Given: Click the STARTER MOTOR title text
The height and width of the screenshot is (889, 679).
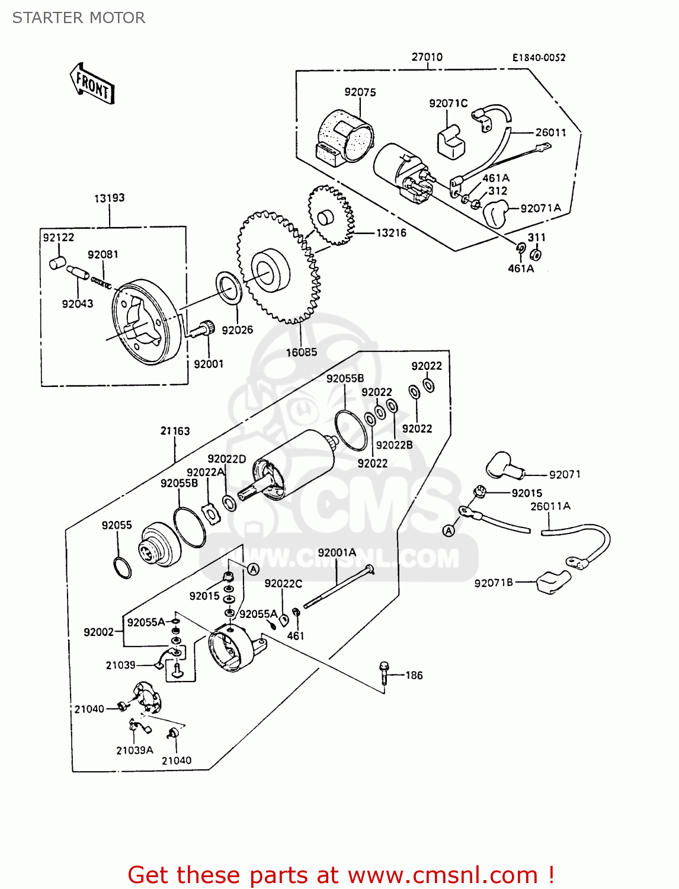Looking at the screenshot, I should pyautogui.click(x=79, y=18).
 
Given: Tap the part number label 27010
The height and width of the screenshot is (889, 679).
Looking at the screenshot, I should pyautogui.click(x=427, y=57).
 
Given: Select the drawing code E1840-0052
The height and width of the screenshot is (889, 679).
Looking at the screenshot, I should pyautogui.click(x=539, y=57).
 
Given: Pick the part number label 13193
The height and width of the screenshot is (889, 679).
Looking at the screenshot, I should pyautogui.click(x=109, y=198).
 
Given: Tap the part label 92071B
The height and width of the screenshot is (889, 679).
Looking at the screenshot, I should pyautogui.click(x=494, y=583).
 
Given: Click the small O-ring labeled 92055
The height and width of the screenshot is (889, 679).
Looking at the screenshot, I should pyautogui.click(x=122, y=567).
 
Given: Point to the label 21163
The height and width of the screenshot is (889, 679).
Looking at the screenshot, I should pyautogui.click(x=175, y=431).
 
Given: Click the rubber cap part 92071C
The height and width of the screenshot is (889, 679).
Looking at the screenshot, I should pyautogui.click(x=451, y=142).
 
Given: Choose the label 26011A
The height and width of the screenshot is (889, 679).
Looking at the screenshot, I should pyautogui.click(x=550, y=506).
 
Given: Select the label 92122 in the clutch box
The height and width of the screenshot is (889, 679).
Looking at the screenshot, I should pyautogui.click(x=58, y=237).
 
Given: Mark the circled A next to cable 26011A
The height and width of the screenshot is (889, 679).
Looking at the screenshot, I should pyautogui.click(x=449, y=530).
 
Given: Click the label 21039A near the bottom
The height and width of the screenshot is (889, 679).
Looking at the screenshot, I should pyautogui.click(x=134, y=750).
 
